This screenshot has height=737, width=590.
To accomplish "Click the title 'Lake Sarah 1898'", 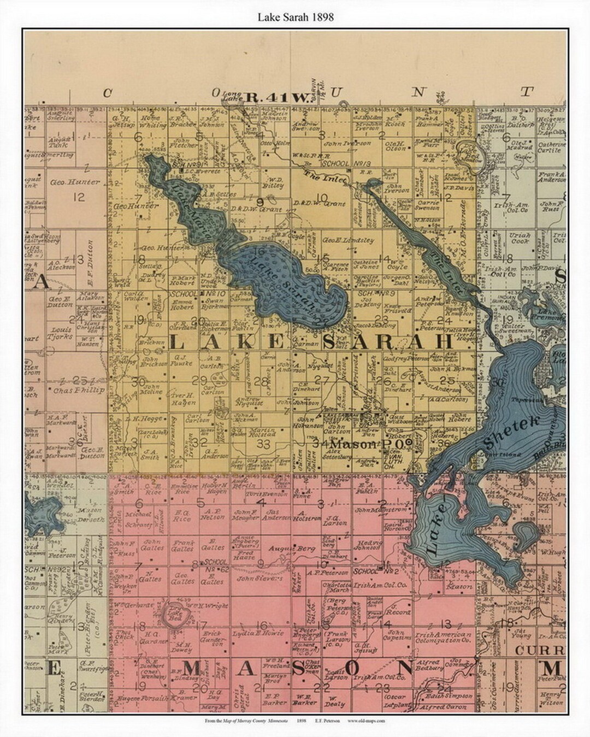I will point(295,17).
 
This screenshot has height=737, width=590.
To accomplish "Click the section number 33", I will point(263,444).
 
